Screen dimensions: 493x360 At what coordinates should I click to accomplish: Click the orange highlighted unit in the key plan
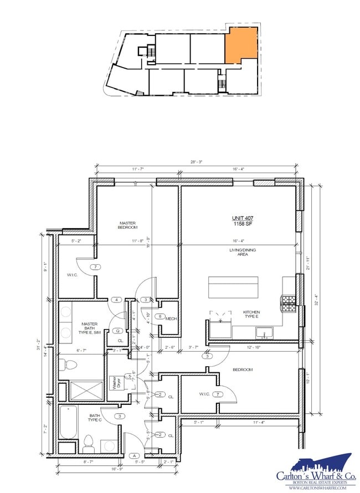[240, 44]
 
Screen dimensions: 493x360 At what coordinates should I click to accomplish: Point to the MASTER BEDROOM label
[127, 225]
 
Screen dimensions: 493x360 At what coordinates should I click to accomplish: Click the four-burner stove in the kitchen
[290, 301]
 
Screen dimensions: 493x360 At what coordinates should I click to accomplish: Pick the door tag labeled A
[133, 455]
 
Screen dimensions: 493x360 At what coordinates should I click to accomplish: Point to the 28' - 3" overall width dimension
[196, 162]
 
